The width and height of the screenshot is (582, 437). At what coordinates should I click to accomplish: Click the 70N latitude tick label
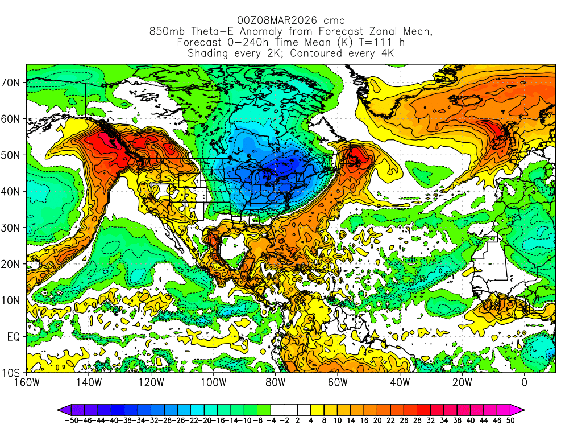coord(11,83)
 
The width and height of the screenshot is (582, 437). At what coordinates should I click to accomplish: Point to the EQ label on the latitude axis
coord(13,336)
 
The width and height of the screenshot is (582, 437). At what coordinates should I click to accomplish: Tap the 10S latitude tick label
coord(11,373)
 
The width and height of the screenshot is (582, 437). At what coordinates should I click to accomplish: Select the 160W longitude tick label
coord(27,382)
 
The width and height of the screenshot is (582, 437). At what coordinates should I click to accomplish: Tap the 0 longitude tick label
coord(524,382)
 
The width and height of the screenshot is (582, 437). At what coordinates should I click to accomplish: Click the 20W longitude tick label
coord(462,382)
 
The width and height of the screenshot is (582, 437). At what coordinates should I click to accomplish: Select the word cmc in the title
coord(334,21)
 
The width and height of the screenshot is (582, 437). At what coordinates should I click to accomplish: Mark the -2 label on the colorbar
coord(284,420)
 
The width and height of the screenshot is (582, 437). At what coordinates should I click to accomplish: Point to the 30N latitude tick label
coord(11,228)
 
